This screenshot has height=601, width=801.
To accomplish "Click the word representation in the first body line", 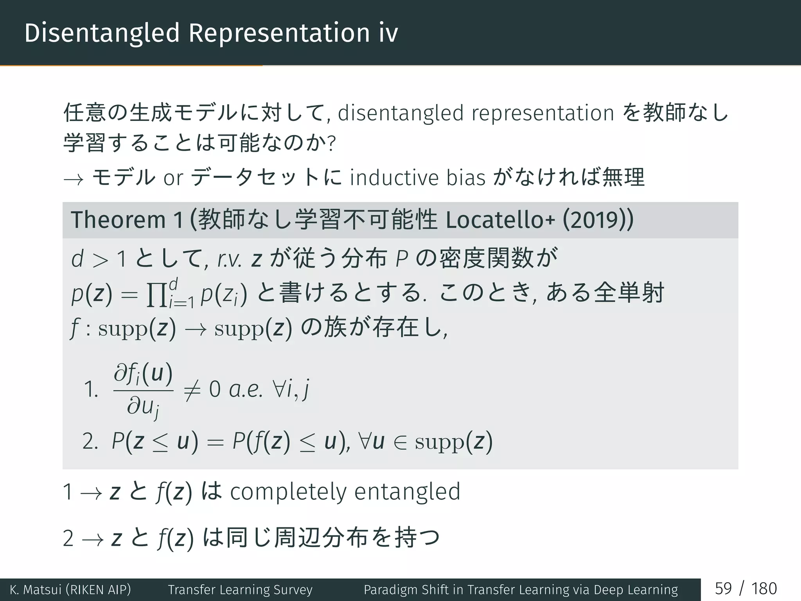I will pyautogui.click(x=543, y=113).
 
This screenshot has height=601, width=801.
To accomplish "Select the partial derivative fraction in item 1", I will pyautogui.click(x=143, y=390).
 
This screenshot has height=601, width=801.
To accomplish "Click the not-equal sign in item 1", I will pyautogui.click(x=192, y=390).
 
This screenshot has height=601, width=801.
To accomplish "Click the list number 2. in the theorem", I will pyautogui.click(x=90, y=442).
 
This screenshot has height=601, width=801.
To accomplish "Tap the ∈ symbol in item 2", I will pyautogui.click(x=400, y=442).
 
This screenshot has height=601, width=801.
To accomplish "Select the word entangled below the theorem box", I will pyautogui.click(x=407, y=492).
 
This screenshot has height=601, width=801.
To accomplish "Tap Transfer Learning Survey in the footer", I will pyautogui.click(x=240, y=589).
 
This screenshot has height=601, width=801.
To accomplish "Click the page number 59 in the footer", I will pyautogui.click(x=723, y=588).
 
